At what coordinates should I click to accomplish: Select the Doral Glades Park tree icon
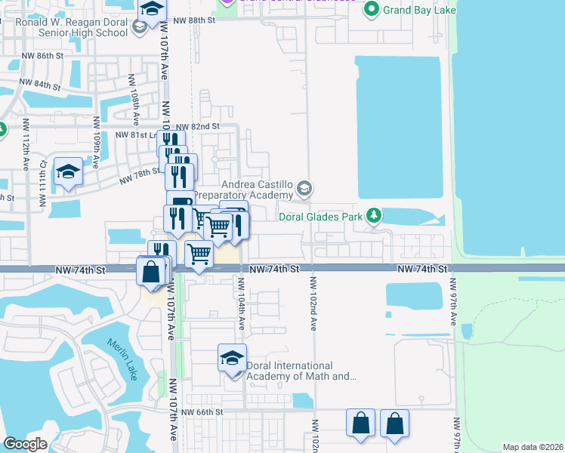coord(373,217)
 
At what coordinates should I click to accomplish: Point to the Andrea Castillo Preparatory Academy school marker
coord(304,188)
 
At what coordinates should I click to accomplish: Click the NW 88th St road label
coord(194,22)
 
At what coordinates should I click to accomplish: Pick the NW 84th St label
coord(41,84)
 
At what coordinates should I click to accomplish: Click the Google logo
coord(25,444)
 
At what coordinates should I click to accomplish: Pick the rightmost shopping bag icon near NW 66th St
coord(394,424)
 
